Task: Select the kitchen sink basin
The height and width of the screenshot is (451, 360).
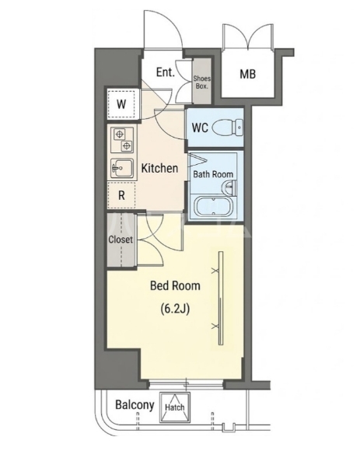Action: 122,168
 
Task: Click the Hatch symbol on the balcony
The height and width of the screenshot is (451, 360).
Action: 174,407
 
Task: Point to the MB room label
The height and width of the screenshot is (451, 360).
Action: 247,74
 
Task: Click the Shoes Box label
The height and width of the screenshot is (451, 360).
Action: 202,82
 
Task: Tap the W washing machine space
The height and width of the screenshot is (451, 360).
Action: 121,104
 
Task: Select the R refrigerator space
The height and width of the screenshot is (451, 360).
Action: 121,196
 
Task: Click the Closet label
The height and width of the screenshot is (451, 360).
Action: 121,239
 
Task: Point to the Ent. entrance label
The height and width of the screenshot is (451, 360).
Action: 166,72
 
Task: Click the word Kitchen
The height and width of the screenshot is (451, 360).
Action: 159,168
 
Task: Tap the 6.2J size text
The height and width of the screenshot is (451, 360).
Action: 175,309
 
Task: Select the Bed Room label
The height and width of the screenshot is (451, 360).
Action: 176,286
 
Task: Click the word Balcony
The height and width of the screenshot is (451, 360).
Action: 135,405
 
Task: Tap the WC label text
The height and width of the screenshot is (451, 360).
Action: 200,128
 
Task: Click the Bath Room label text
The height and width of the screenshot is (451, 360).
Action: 213,174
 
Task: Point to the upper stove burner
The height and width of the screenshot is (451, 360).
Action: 119,134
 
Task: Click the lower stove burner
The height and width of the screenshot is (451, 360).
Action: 127,146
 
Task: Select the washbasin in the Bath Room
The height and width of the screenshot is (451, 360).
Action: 229,187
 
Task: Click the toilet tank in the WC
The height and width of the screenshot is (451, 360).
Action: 239,127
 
